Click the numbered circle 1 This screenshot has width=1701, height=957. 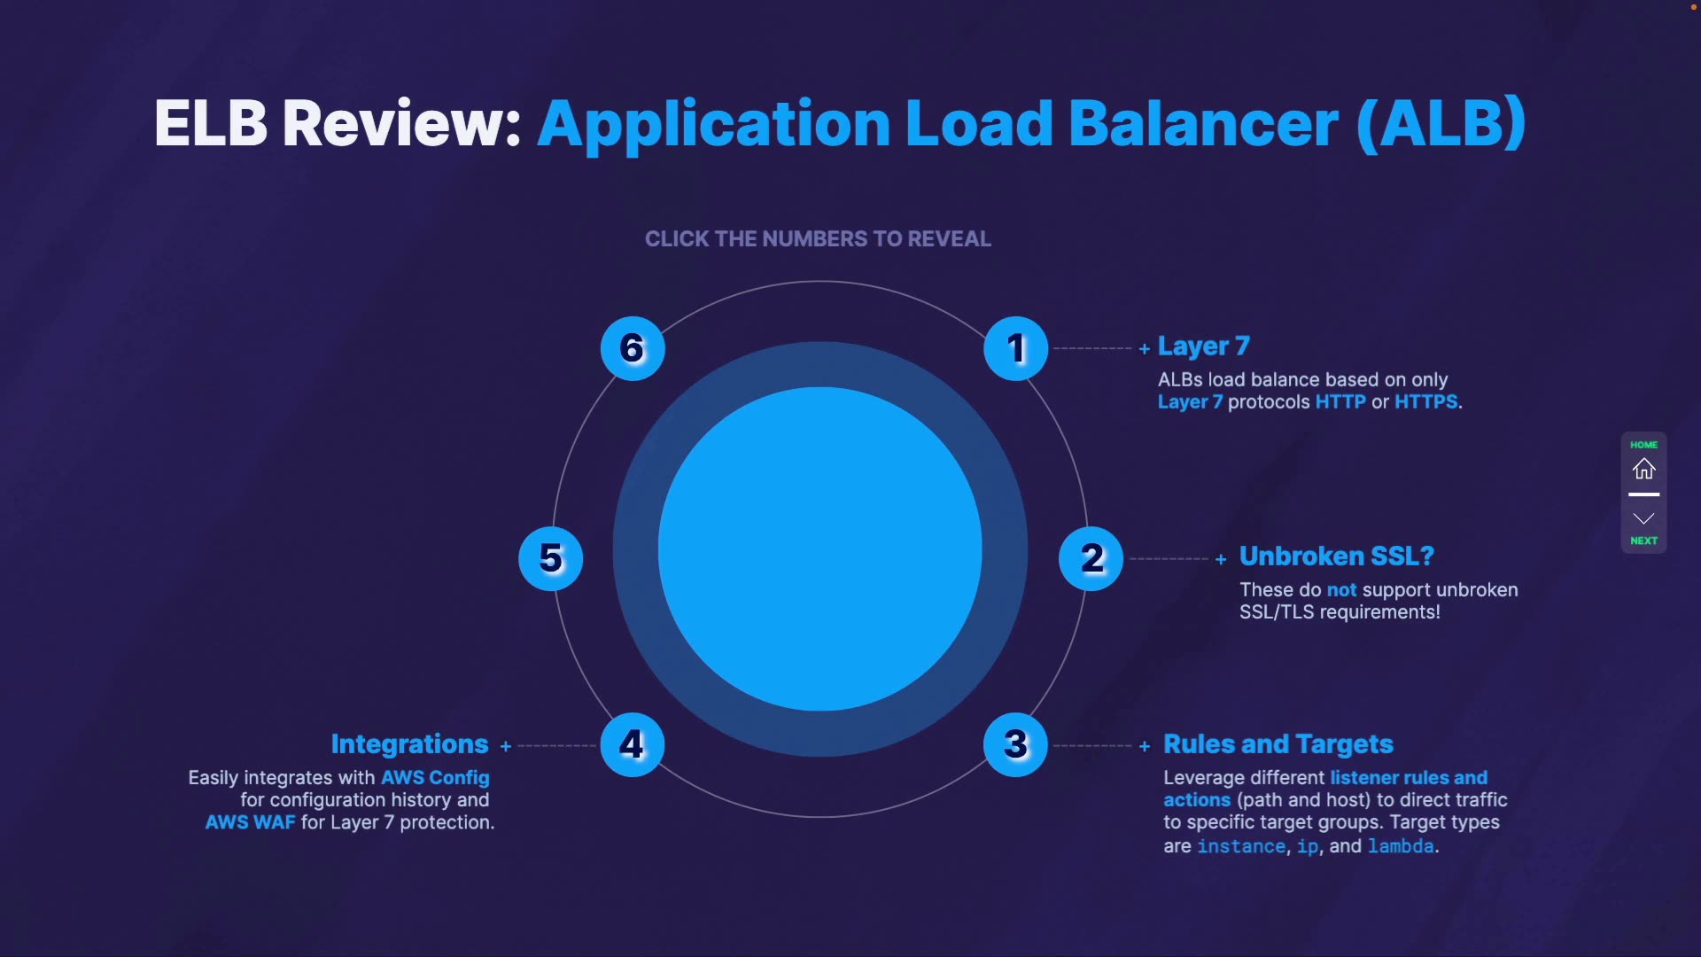pyautogui.click(x=1015, y=348)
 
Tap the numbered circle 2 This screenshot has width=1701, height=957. pyautogui.click(x=1091, y=558)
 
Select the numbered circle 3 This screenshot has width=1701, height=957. pyautogui.click(x=1015, y=744)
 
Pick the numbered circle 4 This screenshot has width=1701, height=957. pyautogui.click(x=632, y=744)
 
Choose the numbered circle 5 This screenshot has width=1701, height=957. pyautogui.click(x=550, y=558)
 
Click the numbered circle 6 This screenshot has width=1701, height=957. pyautogui.click(x=632, y=348)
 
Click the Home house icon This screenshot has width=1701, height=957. pyautogui.click(x=1643, y=469)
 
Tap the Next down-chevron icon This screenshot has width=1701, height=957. pyautogui.click(x=1643, y=519)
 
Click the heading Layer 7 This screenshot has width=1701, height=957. pyautogui.click(x=1203, y=346)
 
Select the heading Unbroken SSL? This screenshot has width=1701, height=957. pyautogui.click(x=1336, y=556)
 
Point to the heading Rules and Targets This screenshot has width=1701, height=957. pyautogui.click(x=1278, y=744)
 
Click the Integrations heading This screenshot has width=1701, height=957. pyautogui.click(x=409, y=744)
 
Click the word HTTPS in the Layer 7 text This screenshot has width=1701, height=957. pyautogui.click(x=1425, y=402)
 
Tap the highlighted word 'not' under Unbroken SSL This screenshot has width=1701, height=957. pyautogui.click(x=1341, y=590)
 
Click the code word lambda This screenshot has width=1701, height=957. pyautogui.click(x=1400, y=846)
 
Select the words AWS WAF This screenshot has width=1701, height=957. pyautogui.click(x=250, y=822)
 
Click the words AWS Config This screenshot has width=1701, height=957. pyautogui.click(x=435, y=778)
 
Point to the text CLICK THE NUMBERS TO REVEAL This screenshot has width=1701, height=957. pyautogui.click(x=818, y=239)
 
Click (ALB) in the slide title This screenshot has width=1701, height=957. pyautogui.click(x=1441, y=123)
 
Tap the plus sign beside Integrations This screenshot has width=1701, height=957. pyautogui.click(x=506, y=747)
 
